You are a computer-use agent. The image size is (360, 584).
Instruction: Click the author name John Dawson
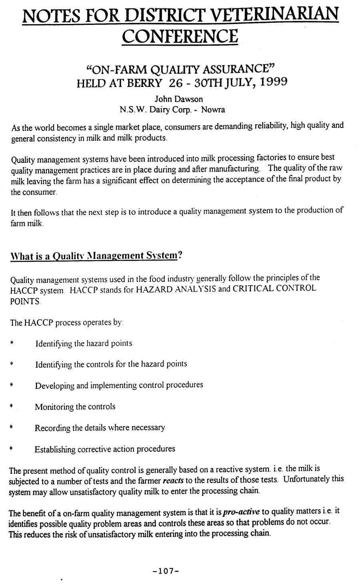[178, 99]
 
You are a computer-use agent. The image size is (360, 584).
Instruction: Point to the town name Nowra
[213, 109]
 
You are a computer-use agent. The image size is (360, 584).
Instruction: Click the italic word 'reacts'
[174, 480]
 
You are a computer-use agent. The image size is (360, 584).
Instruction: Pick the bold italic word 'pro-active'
[241, 512]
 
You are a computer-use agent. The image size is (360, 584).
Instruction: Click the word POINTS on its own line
[25, 301]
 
